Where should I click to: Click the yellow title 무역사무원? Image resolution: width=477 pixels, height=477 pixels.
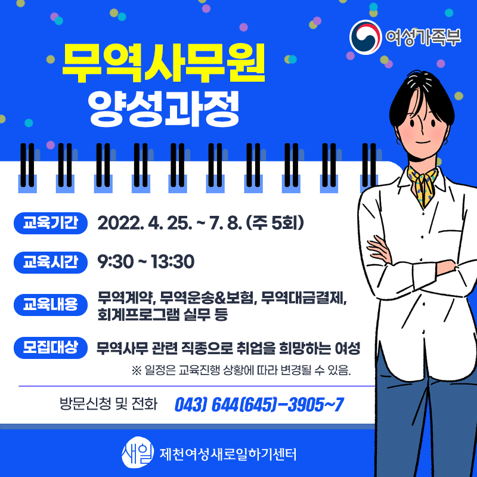pos(163,63)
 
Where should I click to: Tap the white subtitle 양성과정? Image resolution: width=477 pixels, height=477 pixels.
pos(163,109)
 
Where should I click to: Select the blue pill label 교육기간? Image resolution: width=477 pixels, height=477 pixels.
pos(51,223)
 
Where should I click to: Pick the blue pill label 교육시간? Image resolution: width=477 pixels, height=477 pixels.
pos(51,262)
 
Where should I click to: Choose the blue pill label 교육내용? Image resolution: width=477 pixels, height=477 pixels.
pos(51,305)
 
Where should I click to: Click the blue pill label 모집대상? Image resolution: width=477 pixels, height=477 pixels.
pos(51,348)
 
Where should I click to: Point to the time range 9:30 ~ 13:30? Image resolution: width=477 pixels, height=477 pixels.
pos(145,262)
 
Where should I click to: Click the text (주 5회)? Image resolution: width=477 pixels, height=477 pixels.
pos(274,223)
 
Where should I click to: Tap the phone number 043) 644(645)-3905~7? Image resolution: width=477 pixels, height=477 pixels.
pos(259,405)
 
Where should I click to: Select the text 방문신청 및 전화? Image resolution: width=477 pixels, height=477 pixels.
pos(109,404)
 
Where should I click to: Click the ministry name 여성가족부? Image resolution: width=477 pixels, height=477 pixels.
pos(423,37)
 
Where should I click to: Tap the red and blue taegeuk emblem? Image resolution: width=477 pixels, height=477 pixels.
pos(366,37)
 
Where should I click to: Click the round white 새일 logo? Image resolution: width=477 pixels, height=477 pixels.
pos(137,453)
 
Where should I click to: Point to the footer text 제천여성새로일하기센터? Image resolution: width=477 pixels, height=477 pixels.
pos(228,454)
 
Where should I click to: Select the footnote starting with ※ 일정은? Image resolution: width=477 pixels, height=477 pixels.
pos(241,370)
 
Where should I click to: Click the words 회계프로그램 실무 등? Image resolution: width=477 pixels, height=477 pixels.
pos(162,314)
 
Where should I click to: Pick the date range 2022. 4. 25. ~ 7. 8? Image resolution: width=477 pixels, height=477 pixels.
pos(170,223)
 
